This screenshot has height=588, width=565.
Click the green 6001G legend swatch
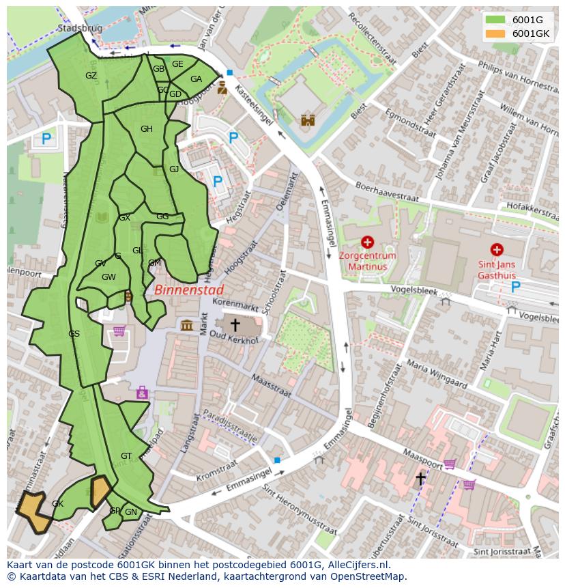coord(495,20)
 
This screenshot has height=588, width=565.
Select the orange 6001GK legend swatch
coord(495,33)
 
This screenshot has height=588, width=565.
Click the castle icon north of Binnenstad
coord(308,120)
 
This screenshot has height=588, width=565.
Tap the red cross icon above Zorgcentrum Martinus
coord(368,242)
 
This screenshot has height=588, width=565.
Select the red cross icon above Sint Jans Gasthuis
coord(497,250)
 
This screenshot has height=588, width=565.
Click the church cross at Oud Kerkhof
coord(235,324)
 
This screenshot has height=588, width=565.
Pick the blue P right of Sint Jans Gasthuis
coord(516,287)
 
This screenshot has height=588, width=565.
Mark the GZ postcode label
coord(91,76)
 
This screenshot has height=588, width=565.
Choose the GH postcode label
coord(147,129)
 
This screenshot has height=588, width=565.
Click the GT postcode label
coord(126,456)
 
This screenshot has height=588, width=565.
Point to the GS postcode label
coord(74,333)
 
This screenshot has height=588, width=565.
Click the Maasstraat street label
coord(271,387)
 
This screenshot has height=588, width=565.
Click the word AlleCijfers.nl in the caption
coord(358,565)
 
